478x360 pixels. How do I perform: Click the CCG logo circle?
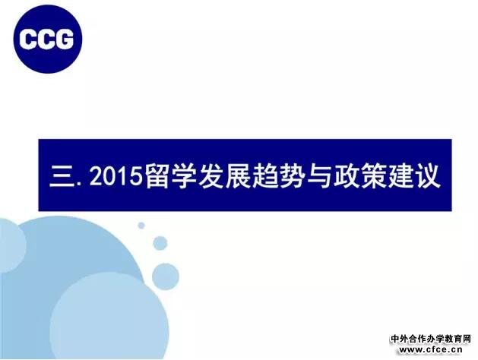tap(48, 39)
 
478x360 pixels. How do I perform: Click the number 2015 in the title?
tap(116, 176)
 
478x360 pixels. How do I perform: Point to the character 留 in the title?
tap(157, 176)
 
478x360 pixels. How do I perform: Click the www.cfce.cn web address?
tap(431, 350)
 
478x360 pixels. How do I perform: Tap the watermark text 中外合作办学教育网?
tap(431, 339)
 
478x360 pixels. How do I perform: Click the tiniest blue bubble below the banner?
tap(141, 226)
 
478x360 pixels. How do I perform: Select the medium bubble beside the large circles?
tap(166, 276)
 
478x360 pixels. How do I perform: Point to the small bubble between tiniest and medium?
tap(160, 243)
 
